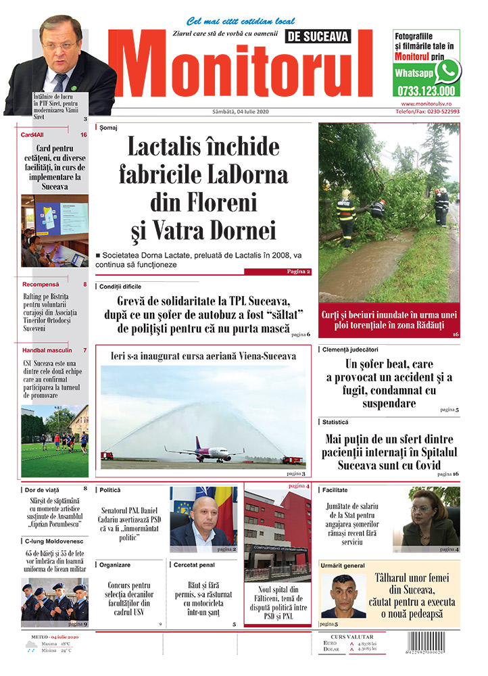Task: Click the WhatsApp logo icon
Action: [447, 71]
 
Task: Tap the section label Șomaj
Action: [108, 127]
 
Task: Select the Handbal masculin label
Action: [46, 350]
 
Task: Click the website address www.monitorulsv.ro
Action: [430, 103]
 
